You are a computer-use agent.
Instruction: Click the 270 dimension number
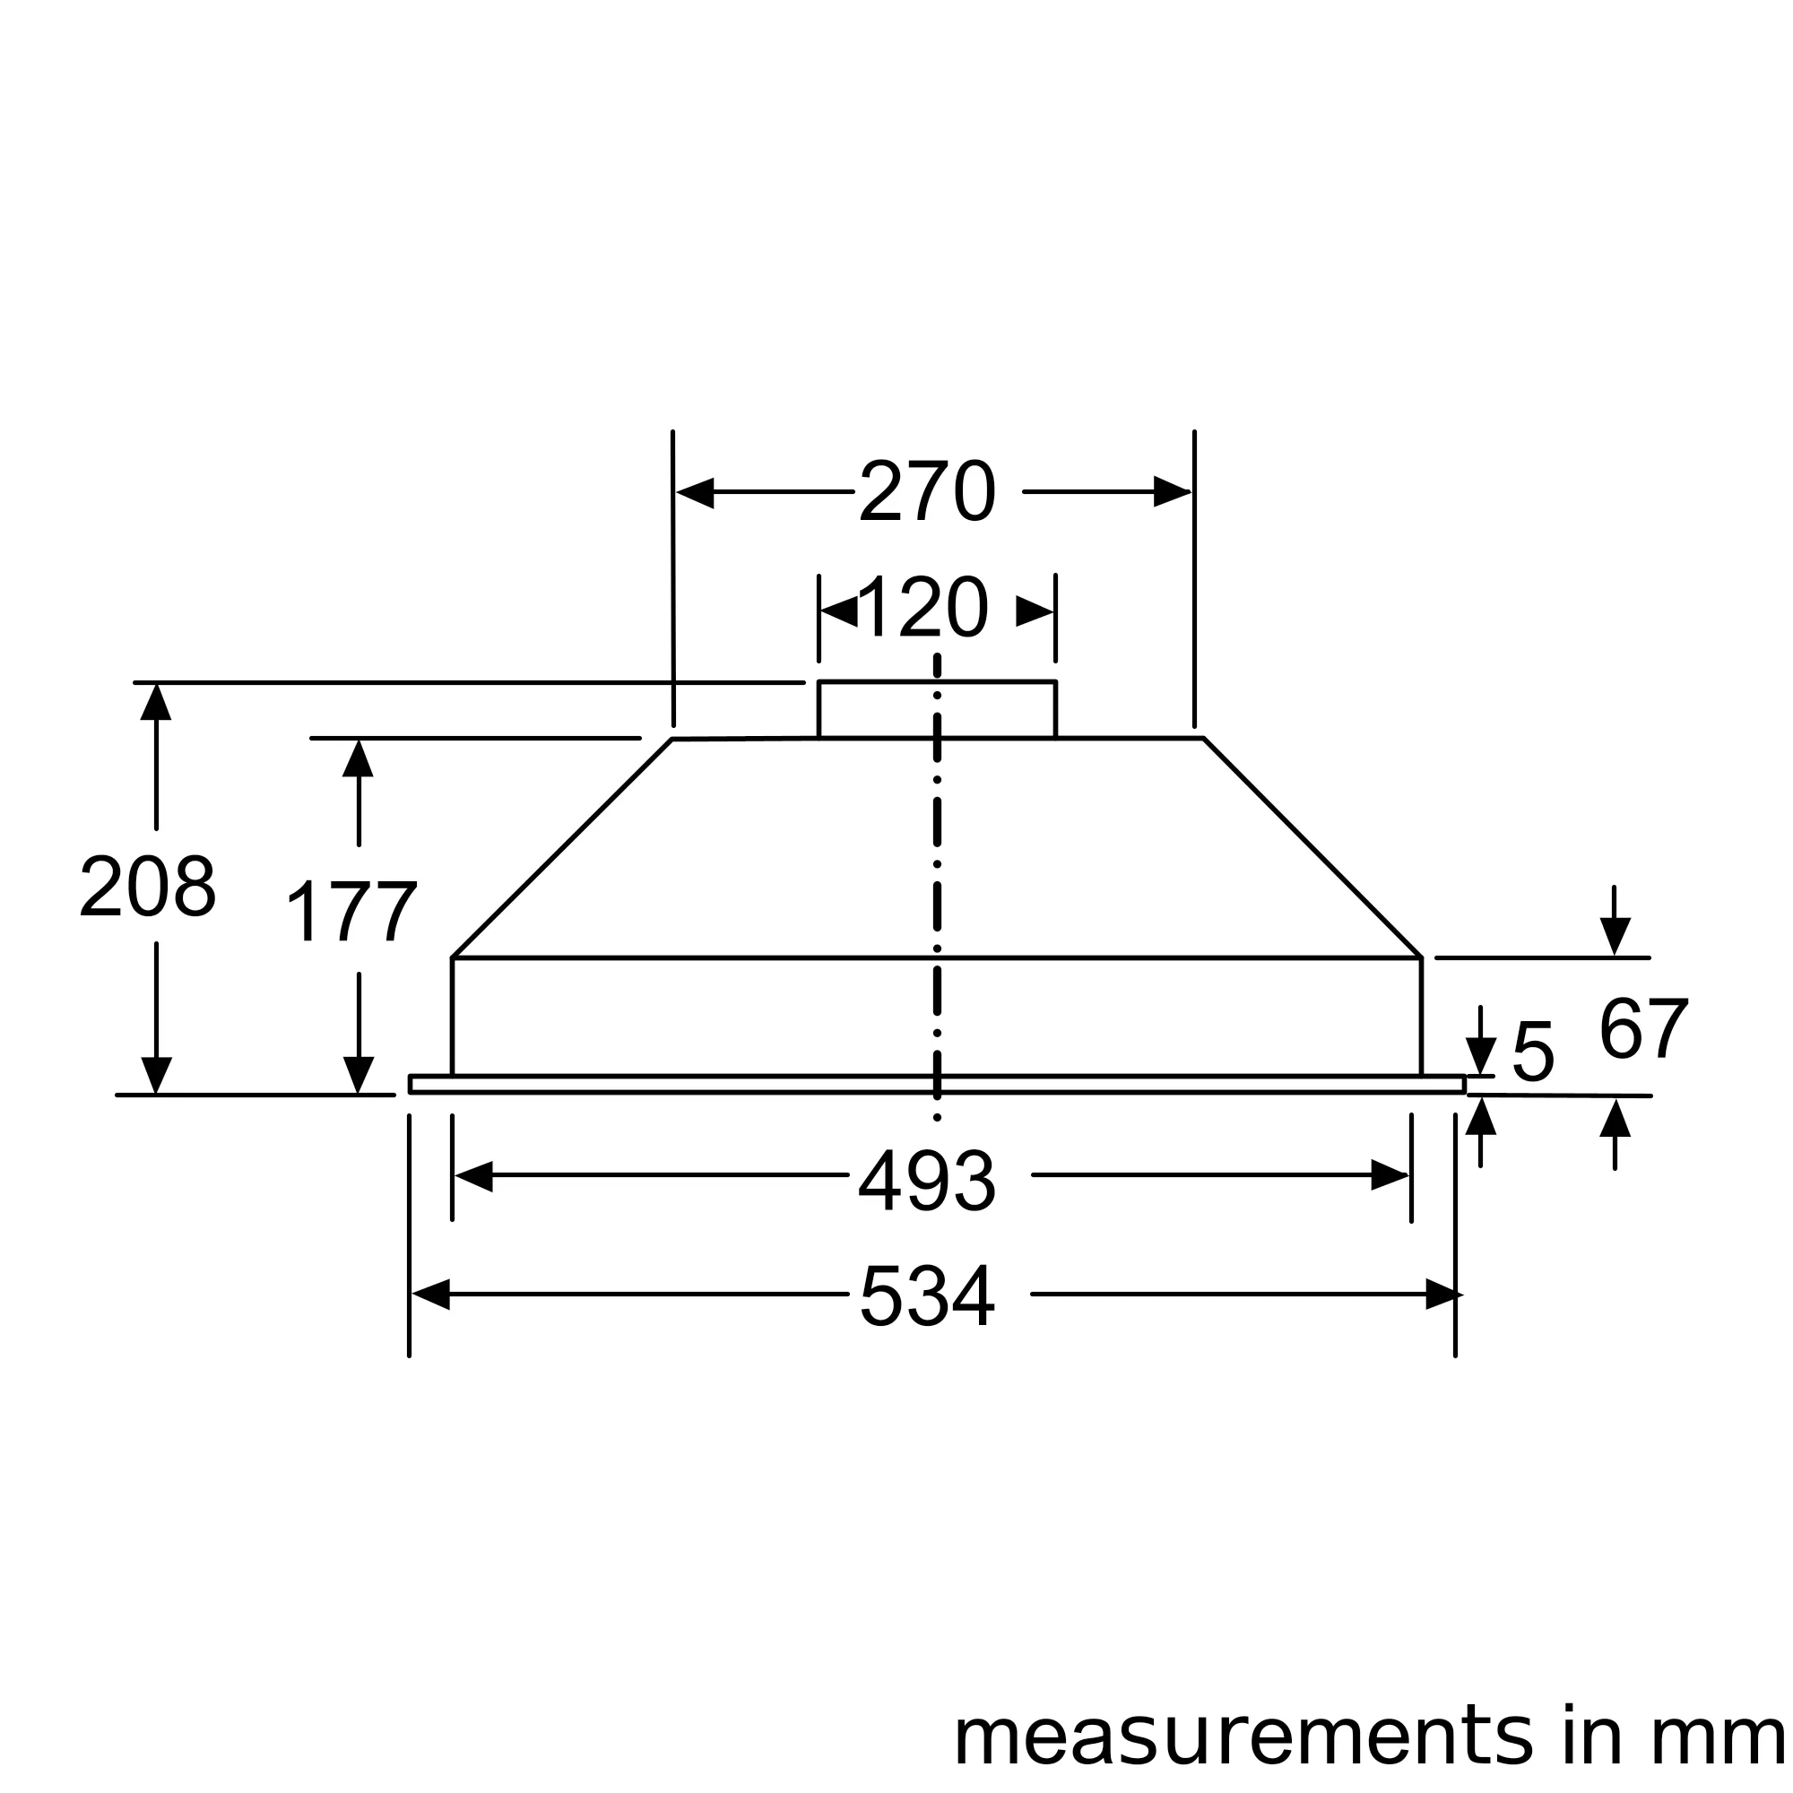926,492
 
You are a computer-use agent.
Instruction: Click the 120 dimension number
923,609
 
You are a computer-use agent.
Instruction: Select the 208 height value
149,888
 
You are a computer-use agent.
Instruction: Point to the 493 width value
926,1182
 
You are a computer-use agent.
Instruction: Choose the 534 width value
926,1296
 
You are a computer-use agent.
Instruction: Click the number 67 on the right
1642,1030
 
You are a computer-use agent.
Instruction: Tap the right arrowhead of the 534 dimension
1443,1295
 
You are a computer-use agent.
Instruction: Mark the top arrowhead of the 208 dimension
156,702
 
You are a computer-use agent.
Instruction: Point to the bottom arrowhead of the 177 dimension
359,1075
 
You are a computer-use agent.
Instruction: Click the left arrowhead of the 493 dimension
473,1176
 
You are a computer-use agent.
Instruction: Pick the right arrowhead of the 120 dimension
1035,611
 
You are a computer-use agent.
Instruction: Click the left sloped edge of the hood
561,848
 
